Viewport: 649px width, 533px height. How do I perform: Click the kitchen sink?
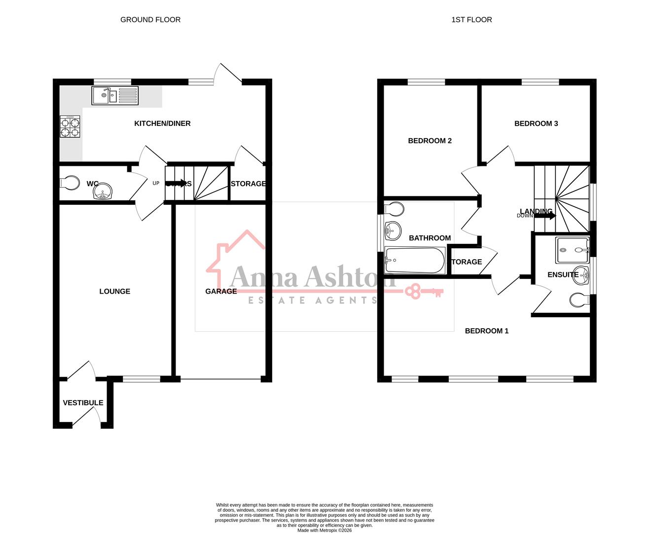(115, 95)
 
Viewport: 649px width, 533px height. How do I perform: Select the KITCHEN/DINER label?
(162, 123)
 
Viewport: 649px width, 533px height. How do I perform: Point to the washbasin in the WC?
(103, 191)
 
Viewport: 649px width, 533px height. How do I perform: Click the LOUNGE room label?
(115, 291)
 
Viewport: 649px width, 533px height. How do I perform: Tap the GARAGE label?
(221, 291)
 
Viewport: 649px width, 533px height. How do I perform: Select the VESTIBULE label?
(83, 403)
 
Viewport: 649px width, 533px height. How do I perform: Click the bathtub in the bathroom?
(415, 260)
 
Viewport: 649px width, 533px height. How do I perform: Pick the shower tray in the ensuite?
(572, 250)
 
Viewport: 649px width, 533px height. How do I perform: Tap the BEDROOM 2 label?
(430, 141)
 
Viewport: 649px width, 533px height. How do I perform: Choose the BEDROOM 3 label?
(536, 123)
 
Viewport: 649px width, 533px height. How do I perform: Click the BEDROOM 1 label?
(487, 331)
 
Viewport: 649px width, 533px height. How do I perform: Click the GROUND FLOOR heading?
(150, 20)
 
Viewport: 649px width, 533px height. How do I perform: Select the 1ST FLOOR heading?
(471, 20)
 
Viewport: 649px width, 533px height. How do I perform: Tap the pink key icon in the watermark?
(424, 291)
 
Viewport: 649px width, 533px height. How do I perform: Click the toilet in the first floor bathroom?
(394, 209)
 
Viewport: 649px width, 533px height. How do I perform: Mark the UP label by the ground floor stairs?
(156, 184)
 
